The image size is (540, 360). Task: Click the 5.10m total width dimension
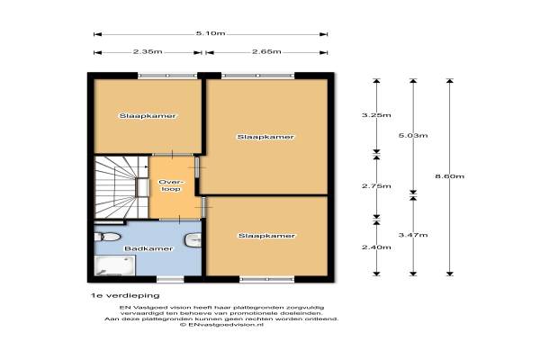tap(211, 33)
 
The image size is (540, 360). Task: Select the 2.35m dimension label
tap(148, 51)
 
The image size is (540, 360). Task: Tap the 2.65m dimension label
tap(266, 51)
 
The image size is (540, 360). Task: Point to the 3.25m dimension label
tap(376, 115)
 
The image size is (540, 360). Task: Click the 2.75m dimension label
tap(376, 186)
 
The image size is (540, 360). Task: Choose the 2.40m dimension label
tap(376, 247)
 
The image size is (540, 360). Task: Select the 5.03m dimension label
tap(413, 135)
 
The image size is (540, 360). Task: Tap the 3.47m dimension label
tap(413, 235)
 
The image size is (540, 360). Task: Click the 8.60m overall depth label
tap(450, 176)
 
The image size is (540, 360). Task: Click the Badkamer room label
tap(148, 248)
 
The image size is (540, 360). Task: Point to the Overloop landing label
tap(171, 185)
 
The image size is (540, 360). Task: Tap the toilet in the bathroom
tap(107, 237)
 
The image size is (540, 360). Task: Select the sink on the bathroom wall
tap(193, 240)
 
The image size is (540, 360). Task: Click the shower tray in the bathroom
tap(114, 265)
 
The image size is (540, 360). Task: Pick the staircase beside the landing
tap(121, 187)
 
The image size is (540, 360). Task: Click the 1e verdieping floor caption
tap(125, 295)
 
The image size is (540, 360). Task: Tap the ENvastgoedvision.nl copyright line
tap(221, 325)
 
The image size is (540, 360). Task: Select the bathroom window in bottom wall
tap(170, 279)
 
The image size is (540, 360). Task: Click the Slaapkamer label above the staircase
tap(148, 116)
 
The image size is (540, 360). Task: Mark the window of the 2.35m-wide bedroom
tap(167, 76)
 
